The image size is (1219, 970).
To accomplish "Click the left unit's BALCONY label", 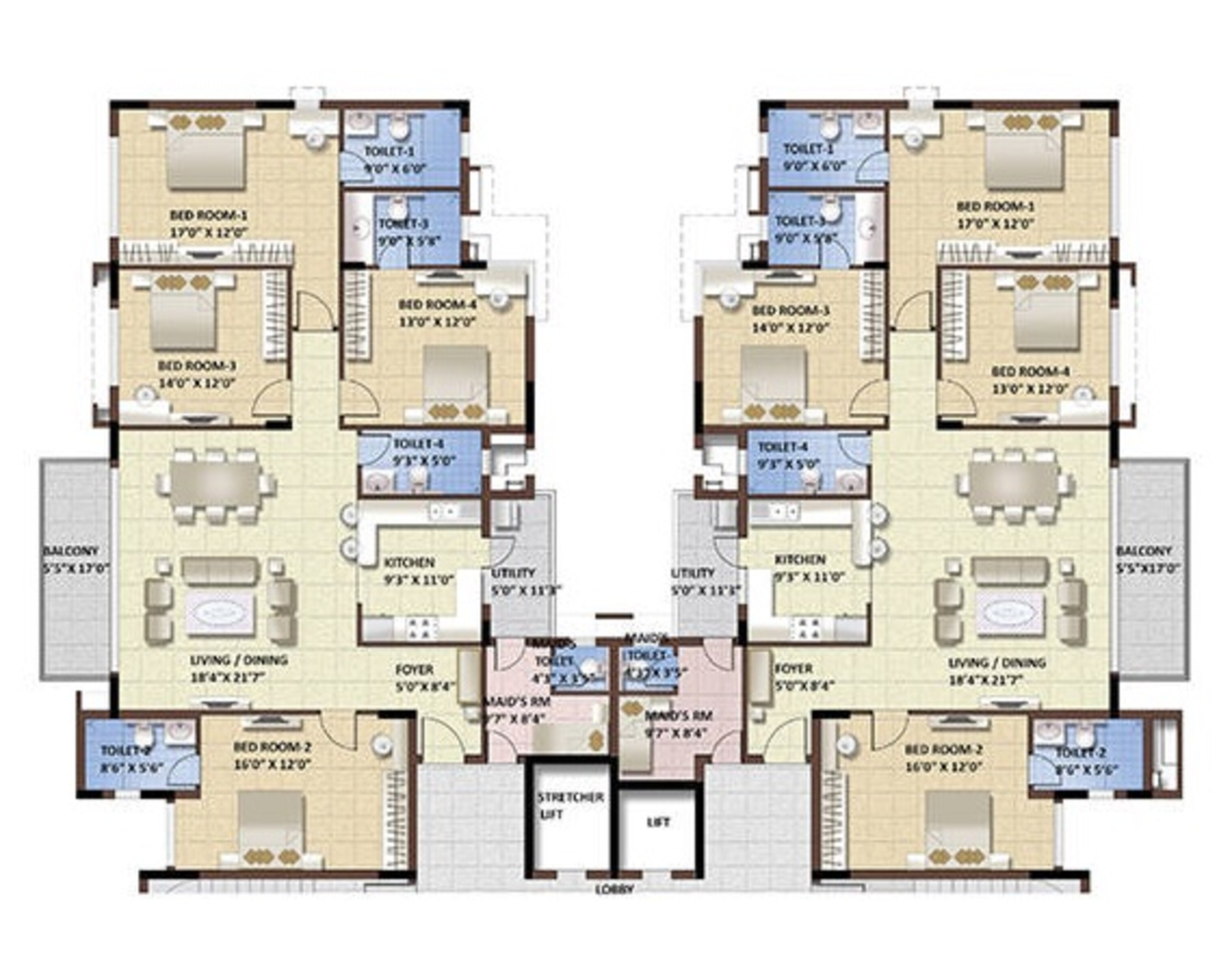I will pos(71,550).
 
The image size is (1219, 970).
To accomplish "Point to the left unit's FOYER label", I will pos(414,670).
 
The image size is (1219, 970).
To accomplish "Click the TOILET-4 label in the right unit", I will pos(783,447).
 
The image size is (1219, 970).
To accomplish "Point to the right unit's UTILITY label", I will pos(693,573).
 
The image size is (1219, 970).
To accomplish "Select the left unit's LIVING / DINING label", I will pos(238,660).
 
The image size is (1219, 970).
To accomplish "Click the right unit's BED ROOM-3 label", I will pos(790,310).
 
